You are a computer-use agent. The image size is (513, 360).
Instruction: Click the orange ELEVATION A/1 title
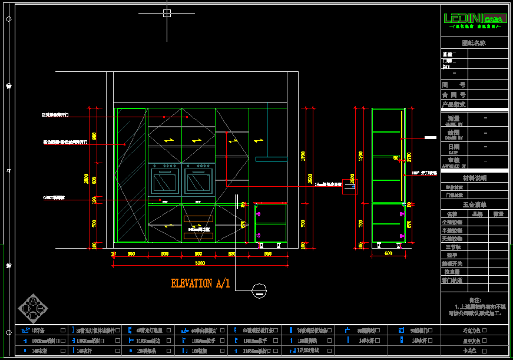pyautogui.click(x=200, y=284)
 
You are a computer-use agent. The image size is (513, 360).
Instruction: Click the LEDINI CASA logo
pyautogui.click(x=474, y=19)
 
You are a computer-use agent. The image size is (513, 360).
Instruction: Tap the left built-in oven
pyautogui.click(x=165, y=182)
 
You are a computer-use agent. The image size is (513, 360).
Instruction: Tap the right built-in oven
pyautogui.click(x=198, y=182)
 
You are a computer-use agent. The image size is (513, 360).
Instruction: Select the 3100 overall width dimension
pyautogui.click(x=200, y=263)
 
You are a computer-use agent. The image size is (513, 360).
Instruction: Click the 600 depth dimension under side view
pyautogui.click(x=388, y=253)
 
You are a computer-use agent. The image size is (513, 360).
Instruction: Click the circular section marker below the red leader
pyautogui.click(x=258, y=289)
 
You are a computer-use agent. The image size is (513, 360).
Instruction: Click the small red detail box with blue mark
pyautogui.click(x=350, y=186)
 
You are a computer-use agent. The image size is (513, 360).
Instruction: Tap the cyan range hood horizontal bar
pyautogui.click(x=271, y=158)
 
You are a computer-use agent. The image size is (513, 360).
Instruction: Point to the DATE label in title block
pyautogui.click(x=452, y=153)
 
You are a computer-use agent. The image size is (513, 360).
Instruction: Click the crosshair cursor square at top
pyautogui.click(x=167, y=12)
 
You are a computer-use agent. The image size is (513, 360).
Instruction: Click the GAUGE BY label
pyautogui.click(x=454, y=124)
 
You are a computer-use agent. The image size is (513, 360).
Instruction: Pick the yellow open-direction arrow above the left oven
pyautogui.click(x=169, y=141)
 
